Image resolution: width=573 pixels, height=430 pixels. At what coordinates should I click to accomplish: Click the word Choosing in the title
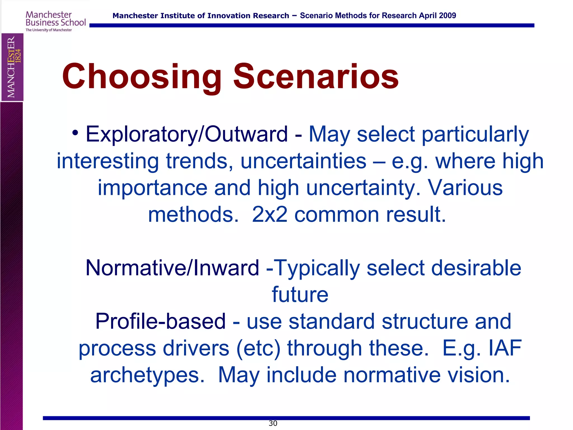(142, 76)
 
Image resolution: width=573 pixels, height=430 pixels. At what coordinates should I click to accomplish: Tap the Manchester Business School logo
(55, 21)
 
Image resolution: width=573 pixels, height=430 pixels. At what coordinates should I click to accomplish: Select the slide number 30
(273, 423)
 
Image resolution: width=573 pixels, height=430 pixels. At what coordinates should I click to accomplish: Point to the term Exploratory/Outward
(187, 134)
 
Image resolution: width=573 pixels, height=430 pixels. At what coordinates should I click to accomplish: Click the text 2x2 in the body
(269, 214)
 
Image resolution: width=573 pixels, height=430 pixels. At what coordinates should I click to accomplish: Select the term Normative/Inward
(172, 268)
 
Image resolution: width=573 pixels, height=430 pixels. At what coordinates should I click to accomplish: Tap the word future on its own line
(300, 295)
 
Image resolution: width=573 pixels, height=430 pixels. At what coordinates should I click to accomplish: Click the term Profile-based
(160, 321)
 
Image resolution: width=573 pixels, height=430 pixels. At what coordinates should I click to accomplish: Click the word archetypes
(147, 375)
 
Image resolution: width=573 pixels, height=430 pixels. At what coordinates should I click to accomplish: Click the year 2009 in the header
(447, 16)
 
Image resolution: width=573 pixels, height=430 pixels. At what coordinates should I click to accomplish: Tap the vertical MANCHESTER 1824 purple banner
(12, 67)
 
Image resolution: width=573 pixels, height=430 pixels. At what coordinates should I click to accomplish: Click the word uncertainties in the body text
(303, 161)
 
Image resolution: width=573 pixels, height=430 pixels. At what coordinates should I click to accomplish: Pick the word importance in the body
(152, 188)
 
